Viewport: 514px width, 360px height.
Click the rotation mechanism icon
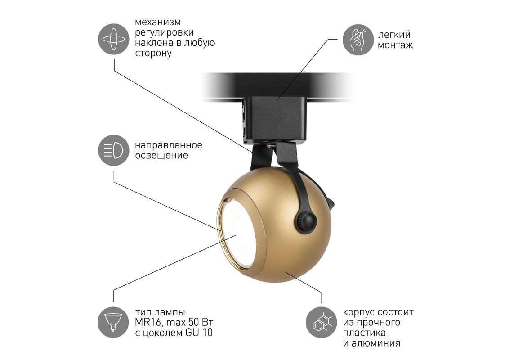114,40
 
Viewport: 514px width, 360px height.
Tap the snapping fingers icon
358,40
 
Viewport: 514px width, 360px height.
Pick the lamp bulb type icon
114,322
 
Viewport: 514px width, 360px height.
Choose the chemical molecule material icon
322,322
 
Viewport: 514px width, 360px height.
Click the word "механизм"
158,22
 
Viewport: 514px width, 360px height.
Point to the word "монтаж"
395,45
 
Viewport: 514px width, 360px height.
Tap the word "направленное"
169,145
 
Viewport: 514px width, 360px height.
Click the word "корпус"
358,312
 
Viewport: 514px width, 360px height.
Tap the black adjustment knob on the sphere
305,219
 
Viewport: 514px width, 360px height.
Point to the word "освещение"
161,156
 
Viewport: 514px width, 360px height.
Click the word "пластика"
365,333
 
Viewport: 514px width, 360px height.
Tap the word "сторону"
153,54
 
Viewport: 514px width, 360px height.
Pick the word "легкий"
394,35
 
